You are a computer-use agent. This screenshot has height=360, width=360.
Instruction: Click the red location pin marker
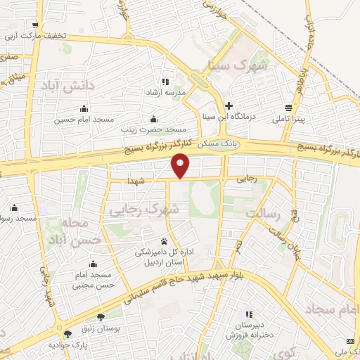[181, 166]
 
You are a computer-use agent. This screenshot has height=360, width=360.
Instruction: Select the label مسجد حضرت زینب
[157, 129]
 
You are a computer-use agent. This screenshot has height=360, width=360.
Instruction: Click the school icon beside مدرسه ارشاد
[165, 82]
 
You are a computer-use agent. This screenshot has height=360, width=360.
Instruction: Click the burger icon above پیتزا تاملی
[288, 108]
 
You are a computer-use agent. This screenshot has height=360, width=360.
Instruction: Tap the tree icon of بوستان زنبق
[101, 316]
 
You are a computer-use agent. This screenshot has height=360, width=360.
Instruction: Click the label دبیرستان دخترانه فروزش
[247, 330]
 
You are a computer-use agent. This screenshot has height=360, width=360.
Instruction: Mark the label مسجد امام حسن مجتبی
[94, 280]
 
